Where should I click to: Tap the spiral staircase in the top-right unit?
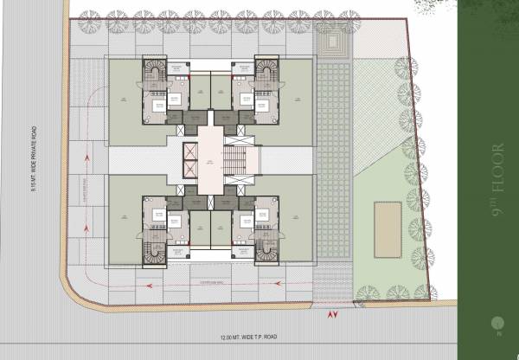[265, 70]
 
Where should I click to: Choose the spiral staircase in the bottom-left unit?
[156, 251]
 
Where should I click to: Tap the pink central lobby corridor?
[209, 160]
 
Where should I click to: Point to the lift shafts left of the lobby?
[188, 159]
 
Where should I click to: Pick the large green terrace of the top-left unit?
[123, 100]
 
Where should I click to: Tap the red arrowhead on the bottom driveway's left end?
[150, 284]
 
